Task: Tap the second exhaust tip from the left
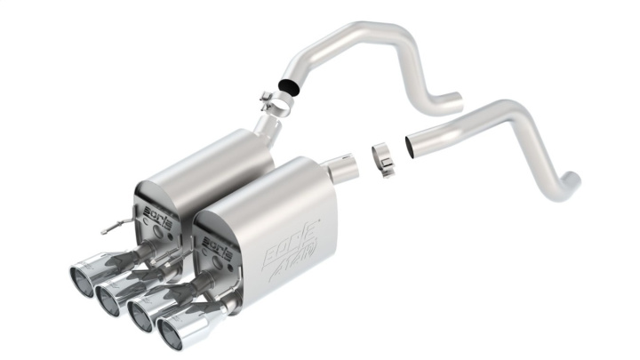click(x=110, y=295)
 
